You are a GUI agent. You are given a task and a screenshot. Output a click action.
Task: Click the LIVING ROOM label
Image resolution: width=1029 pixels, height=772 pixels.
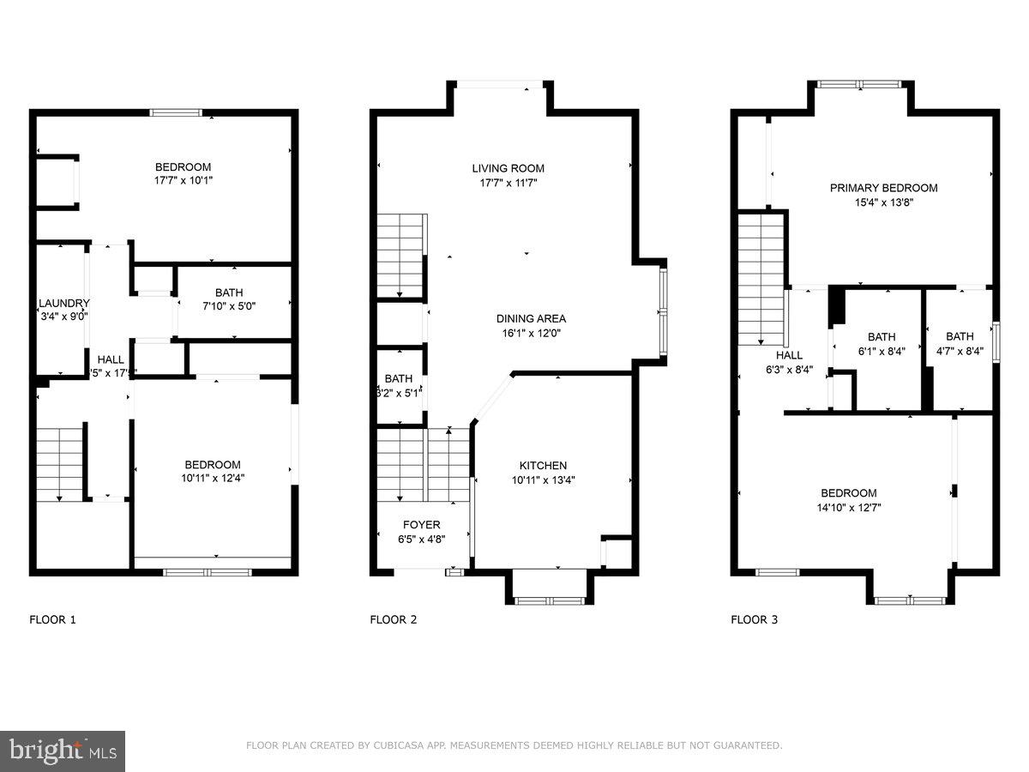508,168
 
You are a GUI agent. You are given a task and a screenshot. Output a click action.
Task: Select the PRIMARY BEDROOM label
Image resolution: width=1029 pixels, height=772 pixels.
883,188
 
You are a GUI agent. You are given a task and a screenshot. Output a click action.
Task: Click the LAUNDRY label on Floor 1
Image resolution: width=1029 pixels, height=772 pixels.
63,303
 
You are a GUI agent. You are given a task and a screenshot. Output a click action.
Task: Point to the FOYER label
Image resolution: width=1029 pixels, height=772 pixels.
421,525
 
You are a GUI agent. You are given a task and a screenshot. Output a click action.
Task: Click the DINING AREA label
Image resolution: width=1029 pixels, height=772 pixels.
531,318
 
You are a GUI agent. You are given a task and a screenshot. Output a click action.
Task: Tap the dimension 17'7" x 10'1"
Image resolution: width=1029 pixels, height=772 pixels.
183,181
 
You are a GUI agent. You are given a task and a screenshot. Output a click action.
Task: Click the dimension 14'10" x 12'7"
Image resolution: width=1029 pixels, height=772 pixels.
848,507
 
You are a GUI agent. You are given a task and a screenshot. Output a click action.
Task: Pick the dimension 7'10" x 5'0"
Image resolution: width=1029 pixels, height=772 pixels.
228,306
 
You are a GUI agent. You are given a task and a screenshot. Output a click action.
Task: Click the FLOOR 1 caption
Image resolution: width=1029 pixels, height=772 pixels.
53,619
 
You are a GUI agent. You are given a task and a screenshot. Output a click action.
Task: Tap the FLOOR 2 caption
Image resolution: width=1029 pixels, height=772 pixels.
394,619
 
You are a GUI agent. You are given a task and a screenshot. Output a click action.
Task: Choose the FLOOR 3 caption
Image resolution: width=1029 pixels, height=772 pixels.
754,619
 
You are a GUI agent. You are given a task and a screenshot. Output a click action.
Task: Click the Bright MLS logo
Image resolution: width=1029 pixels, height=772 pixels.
62,751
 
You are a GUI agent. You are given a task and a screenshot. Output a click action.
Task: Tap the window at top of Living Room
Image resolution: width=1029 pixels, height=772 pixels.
500,84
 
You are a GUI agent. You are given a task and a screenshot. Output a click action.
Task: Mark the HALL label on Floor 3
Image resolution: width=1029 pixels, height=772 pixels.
789,355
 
